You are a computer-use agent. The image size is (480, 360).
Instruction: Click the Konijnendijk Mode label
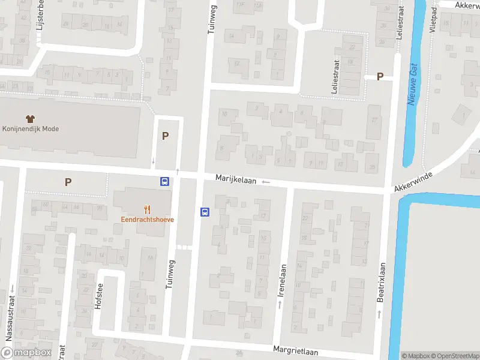click(31, 128)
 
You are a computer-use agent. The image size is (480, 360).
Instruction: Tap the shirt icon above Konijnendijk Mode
click(30, 118)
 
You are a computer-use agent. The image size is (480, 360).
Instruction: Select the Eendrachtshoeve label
click(148, 220)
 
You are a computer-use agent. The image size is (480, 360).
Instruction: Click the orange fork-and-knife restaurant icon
click(148, 209)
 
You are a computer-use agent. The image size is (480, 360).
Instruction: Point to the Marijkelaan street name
click(236, 179)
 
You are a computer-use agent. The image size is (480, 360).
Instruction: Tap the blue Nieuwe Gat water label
click(412, 84)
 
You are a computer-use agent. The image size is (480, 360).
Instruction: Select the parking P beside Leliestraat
click(379, 76)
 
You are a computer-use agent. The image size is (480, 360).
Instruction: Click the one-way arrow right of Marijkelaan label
click(266, 181)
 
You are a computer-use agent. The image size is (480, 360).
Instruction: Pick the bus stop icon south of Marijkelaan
click(204, 212)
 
